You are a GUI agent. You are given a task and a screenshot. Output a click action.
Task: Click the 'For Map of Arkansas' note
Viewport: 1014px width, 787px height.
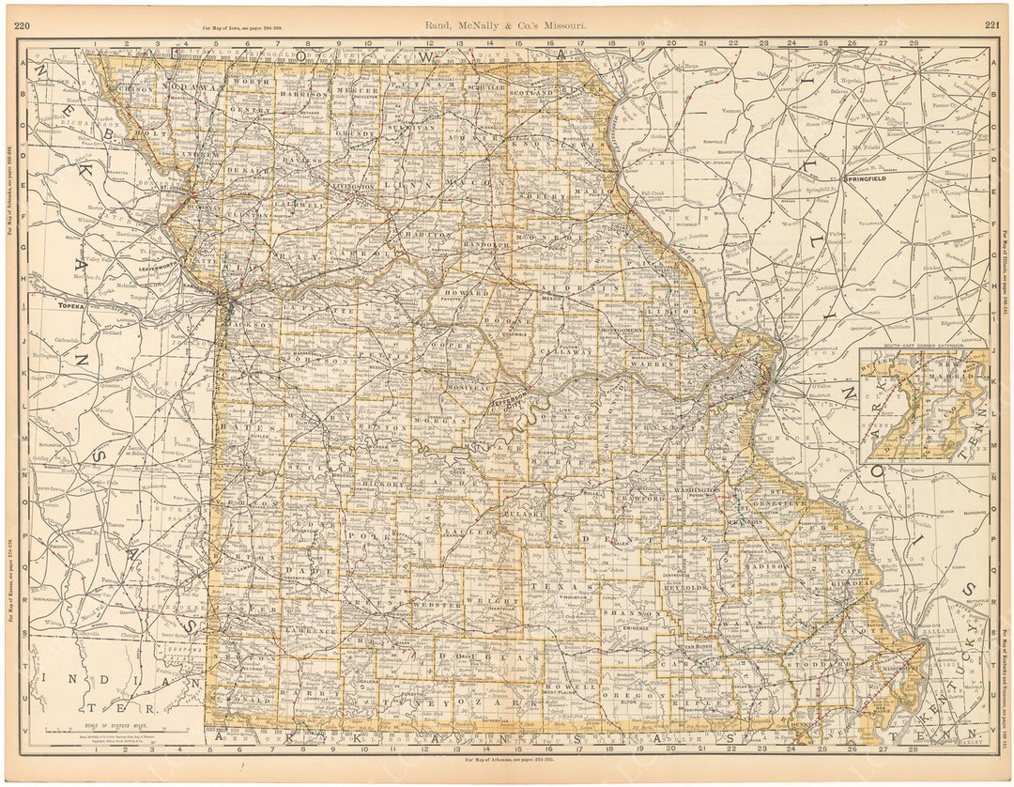[x=507, y=759]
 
